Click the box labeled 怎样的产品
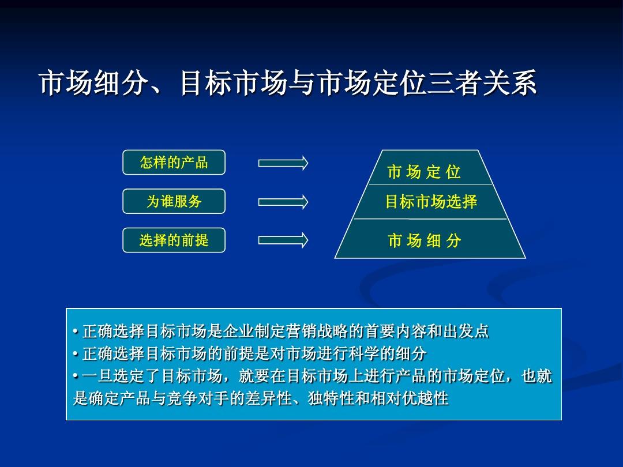174,163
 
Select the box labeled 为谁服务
174,201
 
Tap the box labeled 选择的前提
174,240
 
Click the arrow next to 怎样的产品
283,163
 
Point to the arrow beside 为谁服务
283,202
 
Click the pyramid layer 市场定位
424,172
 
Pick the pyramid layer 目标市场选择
431,202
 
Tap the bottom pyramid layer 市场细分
425,240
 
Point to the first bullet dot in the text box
76,332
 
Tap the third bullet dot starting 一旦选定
76,376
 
